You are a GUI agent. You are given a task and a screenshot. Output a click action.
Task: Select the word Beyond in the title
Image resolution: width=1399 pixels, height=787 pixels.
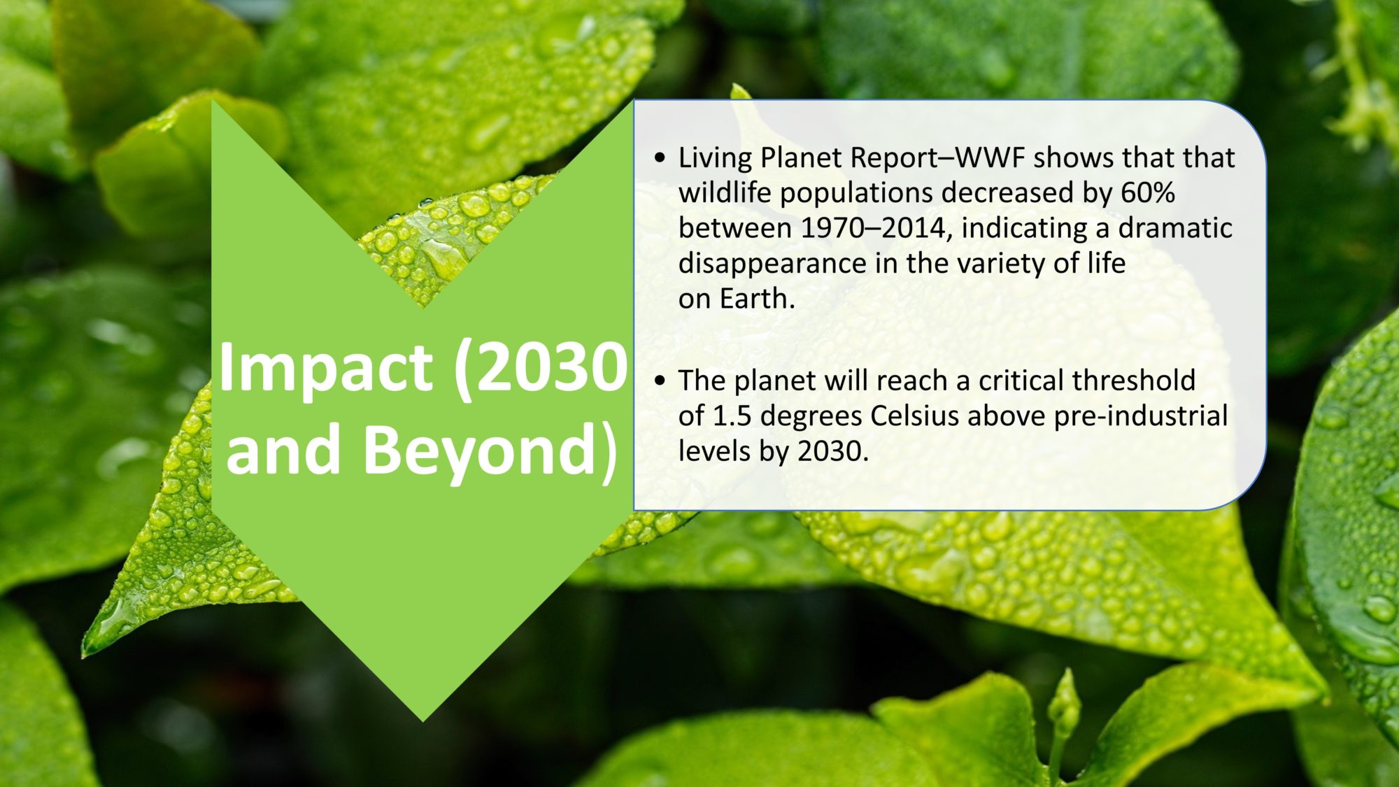click(x=479, y=451)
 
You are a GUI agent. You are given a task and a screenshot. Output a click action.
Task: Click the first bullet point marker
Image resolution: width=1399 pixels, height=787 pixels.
click(x=660, y=158)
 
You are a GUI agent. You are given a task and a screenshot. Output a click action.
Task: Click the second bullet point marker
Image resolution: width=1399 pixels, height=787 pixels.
click(x=660, y=381)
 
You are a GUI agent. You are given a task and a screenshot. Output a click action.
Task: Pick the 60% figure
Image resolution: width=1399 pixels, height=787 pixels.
click(x=1148, y=193)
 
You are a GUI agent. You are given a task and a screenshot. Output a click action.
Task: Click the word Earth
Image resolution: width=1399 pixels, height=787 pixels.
click(x=758, y=299)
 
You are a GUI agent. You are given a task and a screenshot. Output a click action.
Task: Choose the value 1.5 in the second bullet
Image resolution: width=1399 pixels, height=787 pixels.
click(x=732, y=416)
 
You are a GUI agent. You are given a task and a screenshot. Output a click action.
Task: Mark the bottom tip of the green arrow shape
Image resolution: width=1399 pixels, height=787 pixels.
click(x=422, y=721)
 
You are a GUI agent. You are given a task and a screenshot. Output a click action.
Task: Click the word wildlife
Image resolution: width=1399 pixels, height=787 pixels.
click(x=725, y=192)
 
